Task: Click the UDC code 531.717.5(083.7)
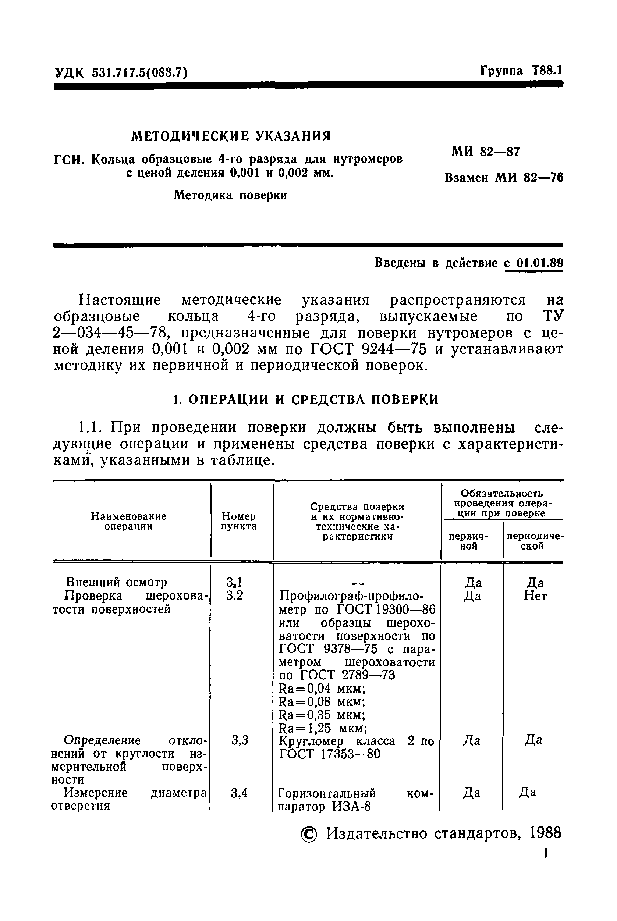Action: (139, 73)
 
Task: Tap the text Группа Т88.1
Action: (521, 71)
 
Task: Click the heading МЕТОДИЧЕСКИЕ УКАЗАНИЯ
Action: (231, 136)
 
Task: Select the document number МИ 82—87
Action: (486, 152)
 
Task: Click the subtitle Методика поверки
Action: (230, 195)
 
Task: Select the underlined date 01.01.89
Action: (539, 263)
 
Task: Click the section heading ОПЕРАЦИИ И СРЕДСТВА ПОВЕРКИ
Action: (313, 400)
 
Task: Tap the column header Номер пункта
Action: (239, 521)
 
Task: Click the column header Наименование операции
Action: (129, 521)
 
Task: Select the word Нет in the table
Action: (535, 597)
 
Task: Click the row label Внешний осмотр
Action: (116, 582)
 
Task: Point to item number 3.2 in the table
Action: (234, 595)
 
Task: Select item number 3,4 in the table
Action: (239, 793)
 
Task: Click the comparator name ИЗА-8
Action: (351, 807)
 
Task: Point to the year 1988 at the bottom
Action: (545, 833)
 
